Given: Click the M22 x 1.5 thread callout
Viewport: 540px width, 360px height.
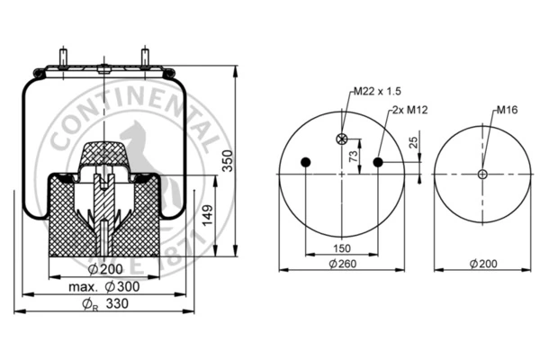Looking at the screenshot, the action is [x=377, y=91].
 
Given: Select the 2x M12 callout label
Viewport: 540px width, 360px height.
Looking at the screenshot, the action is [x=409, y=110].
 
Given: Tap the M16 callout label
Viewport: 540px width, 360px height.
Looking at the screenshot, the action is [x=507, y=110].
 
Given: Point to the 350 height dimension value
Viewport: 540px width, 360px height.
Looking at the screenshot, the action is [x=228, y=161].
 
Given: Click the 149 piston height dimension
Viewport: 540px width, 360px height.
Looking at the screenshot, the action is [x=207, y=216].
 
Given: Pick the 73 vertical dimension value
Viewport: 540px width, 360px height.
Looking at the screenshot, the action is [x=354, y=157].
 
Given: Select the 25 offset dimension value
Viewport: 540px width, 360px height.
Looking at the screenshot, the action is [x=413, y=142].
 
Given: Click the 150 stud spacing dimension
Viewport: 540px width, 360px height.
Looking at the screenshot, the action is [x=342, y=248].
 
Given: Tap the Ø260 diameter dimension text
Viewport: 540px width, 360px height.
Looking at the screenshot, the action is [x=343, y=264].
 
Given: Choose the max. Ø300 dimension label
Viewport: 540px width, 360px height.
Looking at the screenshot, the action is [x=104, y=286].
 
